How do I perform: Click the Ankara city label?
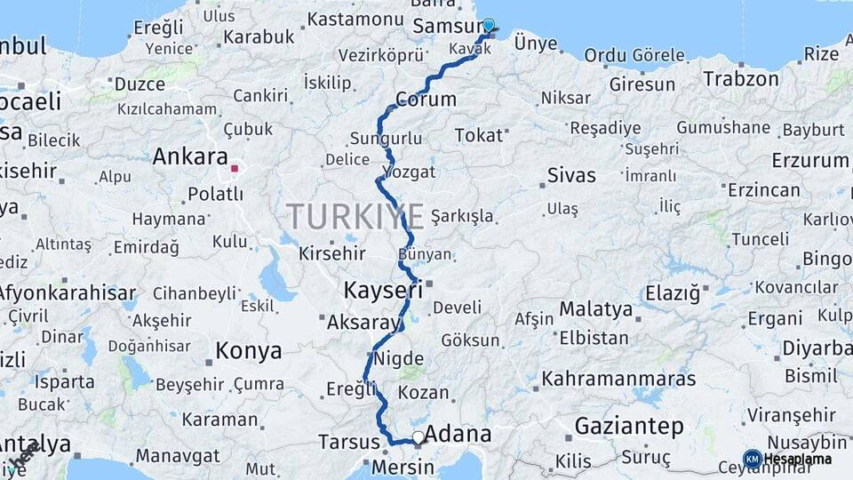pyautogui.click(x=190, y=157)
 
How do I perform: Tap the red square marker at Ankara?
pyautogui.click(x=235, y=167)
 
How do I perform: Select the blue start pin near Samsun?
pyautogui.click(x=488, y=26)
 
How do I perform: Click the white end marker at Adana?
pyautogui.click(x=418, y=437)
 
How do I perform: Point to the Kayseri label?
pyautogui.click(x=383, y=291)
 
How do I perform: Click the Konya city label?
pyautogui.click(x=249, y=350)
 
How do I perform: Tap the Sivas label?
pyautogui.click(x=570, y=174)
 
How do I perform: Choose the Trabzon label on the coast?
pyautogui.click(x=741, y=78)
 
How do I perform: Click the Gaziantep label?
pyautogui.click(x=629, y=427)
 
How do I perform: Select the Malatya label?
pyautogui.click(x=595, y=310)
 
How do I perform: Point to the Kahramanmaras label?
pyautogui.click(x=618, y=379)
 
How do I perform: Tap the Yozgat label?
pyautogui.click(x=409, y=172)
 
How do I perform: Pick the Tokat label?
pyautogui.click(x=478, y=135)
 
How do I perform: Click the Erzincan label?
pyautogui.click(x=763, y=190)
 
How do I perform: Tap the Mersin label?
pyautogui.click(x=395, y=467)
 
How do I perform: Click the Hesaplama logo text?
pyautogui.click(x=796, y=459)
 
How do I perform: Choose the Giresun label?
pyautogui.click(x=642, y=85)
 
